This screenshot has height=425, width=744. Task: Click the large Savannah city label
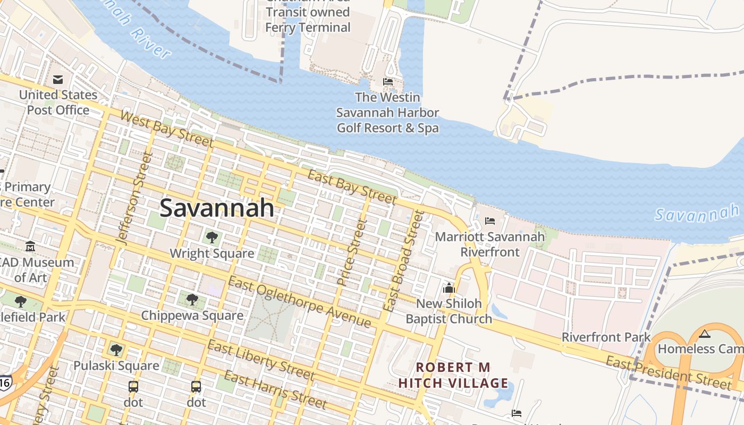217,208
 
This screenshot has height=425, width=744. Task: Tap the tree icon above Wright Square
212,237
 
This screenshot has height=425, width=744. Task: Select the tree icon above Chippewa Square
192,299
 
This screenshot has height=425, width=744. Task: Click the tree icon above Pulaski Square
116,350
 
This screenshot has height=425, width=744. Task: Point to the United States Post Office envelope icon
58,80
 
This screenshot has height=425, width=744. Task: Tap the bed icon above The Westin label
388,82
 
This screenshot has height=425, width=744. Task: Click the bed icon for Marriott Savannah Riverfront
490,220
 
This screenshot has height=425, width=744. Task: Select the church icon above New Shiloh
449,288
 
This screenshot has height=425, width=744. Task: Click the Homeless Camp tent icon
705,334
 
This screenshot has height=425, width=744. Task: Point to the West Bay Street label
167,129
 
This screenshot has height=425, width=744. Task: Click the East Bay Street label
352,187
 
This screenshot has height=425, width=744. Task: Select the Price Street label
352,253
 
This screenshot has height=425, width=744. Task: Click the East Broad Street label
404,260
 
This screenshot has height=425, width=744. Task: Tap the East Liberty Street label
260,360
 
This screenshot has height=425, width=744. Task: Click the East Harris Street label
275,390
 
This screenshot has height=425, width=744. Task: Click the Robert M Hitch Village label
453,375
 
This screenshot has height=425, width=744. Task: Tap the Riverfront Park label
606,337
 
